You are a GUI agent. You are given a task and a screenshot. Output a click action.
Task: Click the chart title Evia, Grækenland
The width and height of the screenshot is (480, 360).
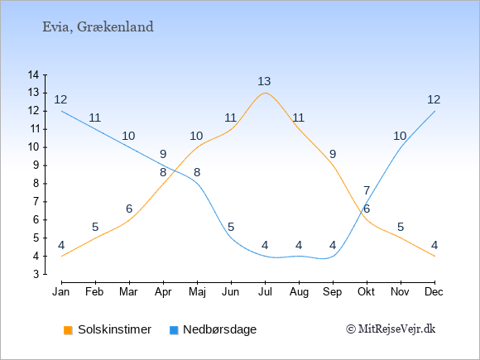click(98, 27)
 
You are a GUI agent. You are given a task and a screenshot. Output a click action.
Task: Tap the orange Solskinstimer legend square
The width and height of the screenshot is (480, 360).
click(68, 330)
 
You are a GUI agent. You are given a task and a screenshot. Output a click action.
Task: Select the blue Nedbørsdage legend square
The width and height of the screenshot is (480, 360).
click(174, 330)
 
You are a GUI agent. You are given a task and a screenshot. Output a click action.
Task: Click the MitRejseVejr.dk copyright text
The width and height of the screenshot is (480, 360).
click(391, 329)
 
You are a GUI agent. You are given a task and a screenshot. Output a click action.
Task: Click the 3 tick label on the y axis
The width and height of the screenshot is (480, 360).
click(36, 274)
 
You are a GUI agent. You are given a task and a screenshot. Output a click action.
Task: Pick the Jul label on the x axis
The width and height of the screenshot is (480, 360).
click(265, 292)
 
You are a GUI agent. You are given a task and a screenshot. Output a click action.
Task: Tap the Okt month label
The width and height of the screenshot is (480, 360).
click(366, 292)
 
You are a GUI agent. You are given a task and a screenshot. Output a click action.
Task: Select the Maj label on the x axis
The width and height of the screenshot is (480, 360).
click(197, 292)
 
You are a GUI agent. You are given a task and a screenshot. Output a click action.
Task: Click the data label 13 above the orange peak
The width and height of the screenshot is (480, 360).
click(264, 81)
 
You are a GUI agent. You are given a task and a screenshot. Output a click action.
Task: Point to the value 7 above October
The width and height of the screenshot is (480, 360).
click(367, 190)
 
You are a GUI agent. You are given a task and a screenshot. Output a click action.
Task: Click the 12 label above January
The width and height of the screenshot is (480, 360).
click(60, 99)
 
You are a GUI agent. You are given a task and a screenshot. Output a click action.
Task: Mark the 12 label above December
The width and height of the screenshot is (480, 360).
click(434, 99)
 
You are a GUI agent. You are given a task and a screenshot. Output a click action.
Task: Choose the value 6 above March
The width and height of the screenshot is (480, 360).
click(129, 209)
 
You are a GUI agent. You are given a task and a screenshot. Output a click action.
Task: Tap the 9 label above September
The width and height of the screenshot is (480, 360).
click(333, 154)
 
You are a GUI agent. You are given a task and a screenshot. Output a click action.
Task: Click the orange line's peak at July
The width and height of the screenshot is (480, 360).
click(265, 93)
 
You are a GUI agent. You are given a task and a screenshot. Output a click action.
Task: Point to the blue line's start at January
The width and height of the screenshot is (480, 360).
click(62, 111)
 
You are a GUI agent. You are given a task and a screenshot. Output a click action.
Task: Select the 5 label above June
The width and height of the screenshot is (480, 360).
click(231, 227)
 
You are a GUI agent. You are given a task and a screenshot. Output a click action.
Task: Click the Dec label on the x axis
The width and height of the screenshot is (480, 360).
click(434, 292)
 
